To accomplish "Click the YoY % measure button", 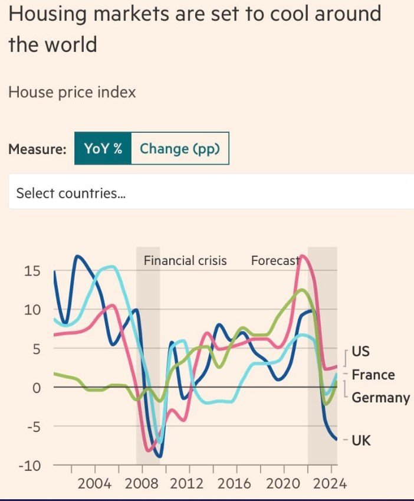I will (x=103, y=149).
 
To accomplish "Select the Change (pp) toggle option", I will (x=179, y=149).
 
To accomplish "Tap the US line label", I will (x=360, y=351).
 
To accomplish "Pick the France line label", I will (x=373, y=375).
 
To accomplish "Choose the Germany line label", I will (x=380, y=398).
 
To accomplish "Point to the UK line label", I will (x=361, y=440).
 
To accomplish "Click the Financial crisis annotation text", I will (x=185, y=260).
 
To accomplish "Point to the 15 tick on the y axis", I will (x=32, y=271).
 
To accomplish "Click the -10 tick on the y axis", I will (x=29, y=466).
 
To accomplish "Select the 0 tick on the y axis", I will (x=36, y=388).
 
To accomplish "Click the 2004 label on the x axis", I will (x=94, y=484).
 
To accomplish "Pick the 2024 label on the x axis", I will (x=329, y=484).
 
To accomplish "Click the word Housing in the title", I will (x=47, y=14).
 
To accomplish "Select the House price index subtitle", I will (x=72, y=92).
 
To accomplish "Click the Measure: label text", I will (x=37, y=149).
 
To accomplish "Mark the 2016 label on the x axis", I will (x=235, y=484).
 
